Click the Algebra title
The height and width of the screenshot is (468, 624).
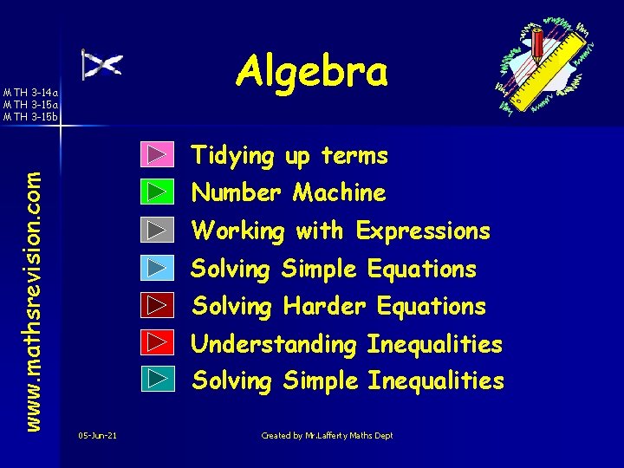pyautogui.click(x=313, y=71)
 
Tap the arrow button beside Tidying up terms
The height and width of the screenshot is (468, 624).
pyautogui.click(x=156, y=154)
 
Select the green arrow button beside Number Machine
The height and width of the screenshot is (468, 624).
pyautogui.click(x=156, y=192)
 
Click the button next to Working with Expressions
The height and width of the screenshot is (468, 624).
pyautogui.click(x=156, y=230)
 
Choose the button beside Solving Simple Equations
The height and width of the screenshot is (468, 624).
pyautogui.click(x=156, y=267)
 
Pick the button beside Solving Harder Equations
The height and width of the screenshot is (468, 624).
pyautogui.click(x=156, y=305)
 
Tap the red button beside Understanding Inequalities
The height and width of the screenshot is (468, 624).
pyautogui.click(x=156, y=342)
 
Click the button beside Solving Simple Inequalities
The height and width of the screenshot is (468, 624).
pyautogui.click(x=156, y=379)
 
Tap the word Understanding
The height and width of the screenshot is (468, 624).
pyautogui.click(x=274, y=345)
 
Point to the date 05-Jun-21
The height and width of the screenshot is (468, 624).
pyautogui.click(x=97, y=435)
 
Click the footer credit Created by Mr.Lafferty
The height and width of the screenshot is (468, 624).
pyautogui.click(x=327, y=435)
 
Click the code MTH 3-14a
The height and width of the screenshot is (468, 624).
pyautogui.click(x=31, y=92)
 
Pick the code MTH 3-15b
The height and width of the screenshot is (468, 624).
pyautogui.click(x=31, y=115)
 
